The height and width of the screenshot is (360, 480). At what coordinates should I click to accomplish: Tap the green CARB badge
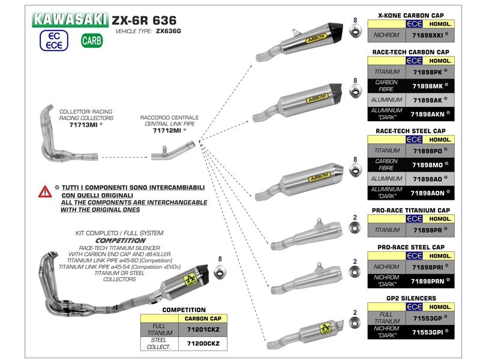(x=92, y=41)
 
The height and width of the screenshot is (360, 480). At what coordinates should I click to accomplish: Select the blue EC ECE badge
(x=51, y=41)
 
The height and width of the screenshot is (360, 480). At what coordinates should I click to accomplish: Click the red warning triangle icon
(x=45, y=192)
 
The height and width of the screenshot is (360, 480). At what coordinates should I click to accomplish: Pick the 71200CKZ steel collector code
(x=204, y=343)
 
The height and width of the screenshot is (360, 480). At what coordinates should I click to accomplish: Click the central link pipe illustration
(x=174, y=154)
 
